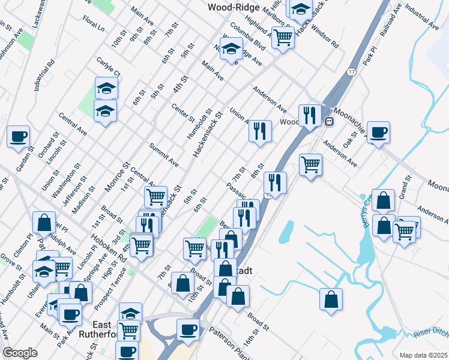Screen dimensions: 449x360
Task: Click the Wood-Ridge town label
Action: point(234,7)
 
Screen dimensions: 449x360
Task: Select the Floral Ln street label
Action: point(94,25)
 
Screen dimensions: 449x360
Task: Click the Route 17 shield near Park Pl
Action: point(351,71)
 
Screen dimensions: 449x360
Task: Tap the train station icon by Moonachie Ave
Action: point(329,121)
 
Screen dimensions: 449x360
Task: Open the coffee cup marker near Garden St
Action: point(18,136)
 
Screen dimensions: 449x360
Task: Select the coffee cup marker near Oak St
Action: point(378,131)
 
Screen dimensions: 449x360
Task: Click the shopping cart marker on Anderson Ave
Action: point(310,164)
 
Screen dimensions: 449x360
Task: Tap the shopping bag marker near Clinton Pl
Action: point(44,222)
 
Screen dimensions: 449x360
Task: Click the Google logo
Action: point(20,353)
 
